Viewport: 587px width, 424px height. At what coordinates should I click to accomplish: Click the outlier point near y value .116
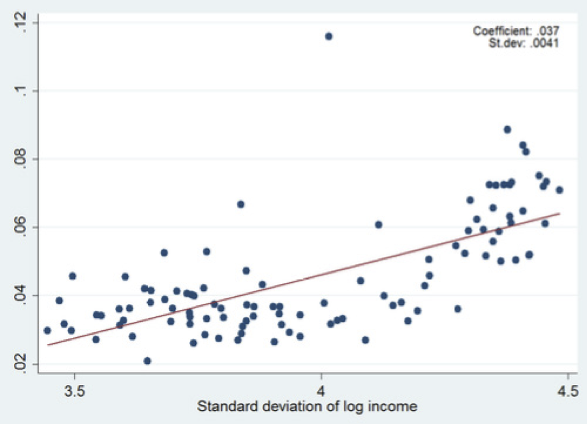[329, 36]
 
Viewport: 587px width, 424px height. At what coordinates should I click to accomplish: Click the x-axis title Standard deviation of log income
[307, 407]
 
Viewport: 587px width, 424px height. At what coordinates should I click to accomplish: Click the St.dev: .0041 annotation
[523, 44]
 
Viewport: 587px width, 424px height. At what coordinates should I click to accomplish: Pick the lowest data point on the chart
[147, 360]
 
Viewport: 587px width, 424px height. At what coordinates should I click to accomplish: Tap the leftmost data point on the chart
[47, 330]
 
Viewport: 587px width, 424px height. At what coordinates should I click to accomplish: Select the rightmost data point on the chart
[559, 190]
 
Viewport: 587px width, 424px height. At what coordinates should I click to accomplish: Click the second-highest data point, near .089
[507, 129]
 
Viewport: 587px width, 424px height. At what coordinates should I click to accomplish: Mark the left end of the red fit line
[47, 344]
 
